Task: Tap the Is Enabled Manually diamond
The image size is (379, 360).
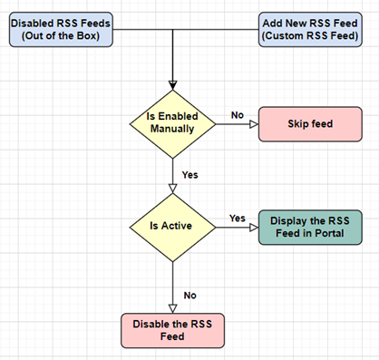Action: [171, 123]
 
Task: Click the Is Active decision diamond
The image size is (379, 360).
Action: [171, 226]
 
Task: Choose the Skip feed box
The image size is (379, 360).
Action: [309, 123]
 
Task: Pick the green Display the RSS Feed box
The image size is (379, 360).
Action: [309, 226]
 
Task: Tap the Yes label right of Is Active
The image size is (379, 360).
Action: [238, 218]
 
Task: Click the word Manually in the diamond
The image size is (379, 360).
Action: [171, 131]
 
